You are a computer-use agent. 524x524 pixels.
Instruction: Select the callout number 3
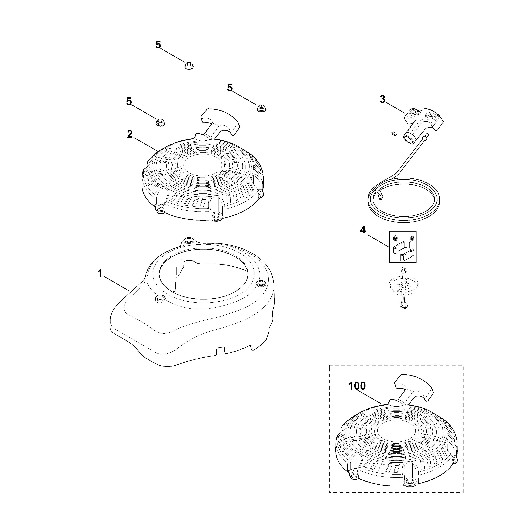pos(382,100)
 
